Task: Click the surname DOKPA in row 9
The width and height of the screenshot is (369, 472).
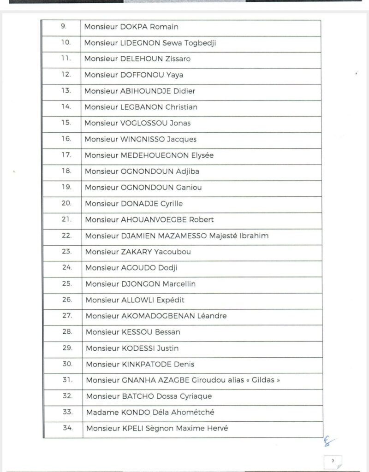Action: [134, 27]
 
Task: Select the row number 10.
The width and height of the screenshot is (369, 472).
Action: [66, 43]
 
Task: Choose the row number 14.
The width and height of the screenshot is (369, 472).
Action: [66, 107]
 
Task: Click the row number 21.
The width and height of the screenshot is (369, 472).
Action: [66, 219]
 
